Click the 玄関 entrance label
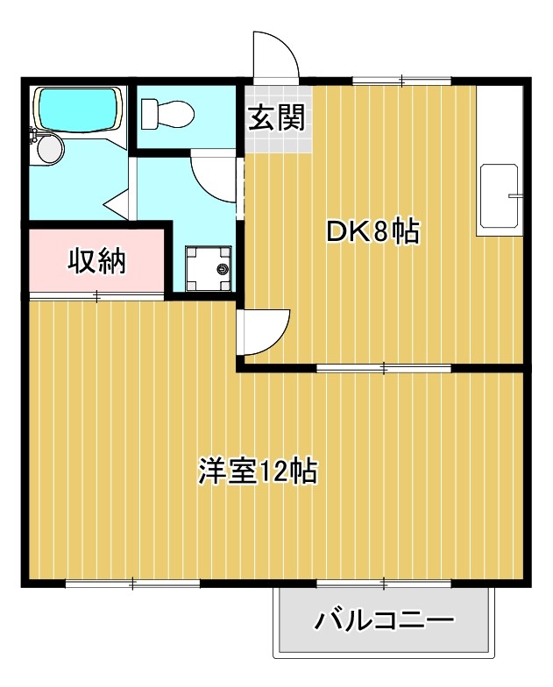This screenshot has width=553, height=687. coord(276,117)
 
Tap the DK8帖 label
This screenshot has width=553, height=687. coord(372,232)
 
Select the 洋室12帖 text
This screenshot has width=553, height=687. coord(257,472)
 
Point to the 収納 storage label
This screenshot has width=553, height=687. coord(97,261)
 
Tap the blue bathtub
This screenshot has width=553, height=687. coord(77,110)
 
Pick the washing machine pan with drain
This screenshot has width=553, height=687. coord(209,266)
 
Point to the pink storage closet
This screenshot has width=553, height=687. coord(97,261)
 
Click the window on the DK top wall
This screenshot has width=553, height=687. coord(401,81)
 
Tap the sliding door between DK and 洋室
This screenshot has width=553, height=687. coord(384,368)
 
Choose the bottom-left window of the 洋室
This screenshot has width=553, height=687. coord(132,583)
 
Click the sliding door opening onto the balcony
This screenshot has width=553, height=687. coord(384,583)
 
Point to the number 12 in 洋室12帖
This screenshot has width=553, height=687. coord(273,472)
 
